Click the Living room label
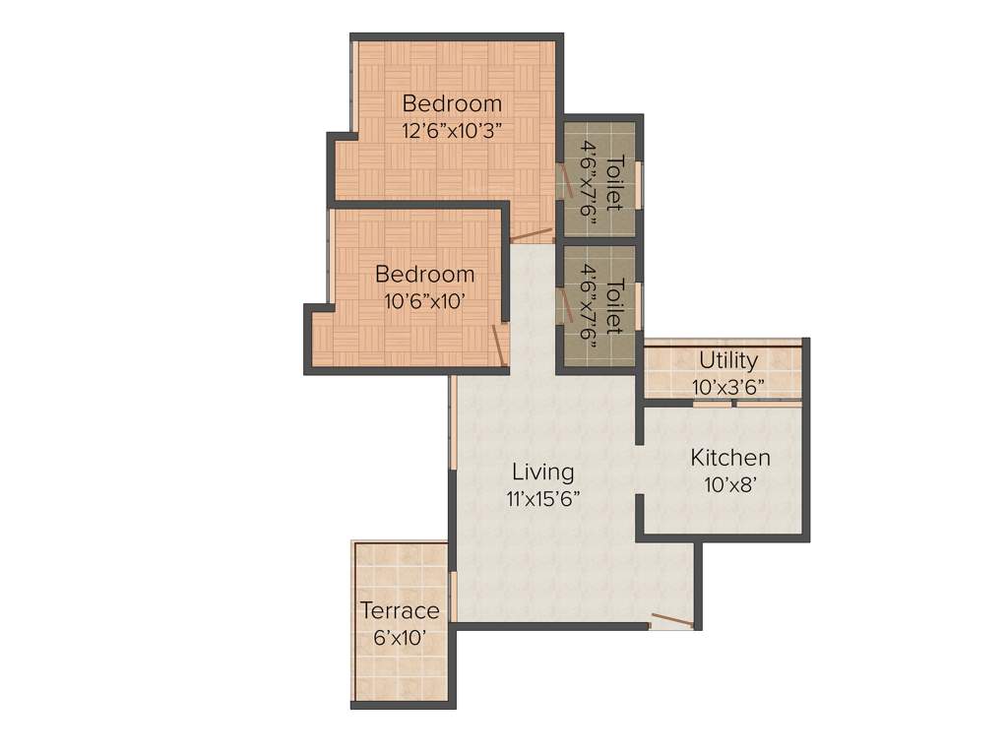coord(542,472)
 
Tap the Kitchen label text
coord(729,458)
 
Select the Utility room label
coord(728,360)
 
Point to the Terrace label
coord(400,611)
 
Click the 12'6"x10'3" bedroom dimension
coord(452,130)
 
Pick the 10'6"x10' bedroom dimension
coord(424,302)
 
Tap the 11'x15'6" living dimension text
coord(542,499)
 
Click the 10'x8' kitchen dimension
coord(729,484)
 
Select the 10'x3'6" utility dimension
coord(728,387)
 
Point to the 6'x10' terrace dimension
coord(400,638)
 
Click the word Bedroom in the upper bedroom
coord(452,103)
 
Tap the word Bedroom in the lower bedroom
coord(424,275)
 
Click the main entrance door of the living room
coord(671,620)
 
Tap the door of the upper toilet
coord(566,182)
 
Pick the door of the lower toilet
coord(566,304)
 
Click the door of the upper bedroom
coord(533,235)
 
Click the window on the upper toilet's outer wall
coord(638,184)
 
